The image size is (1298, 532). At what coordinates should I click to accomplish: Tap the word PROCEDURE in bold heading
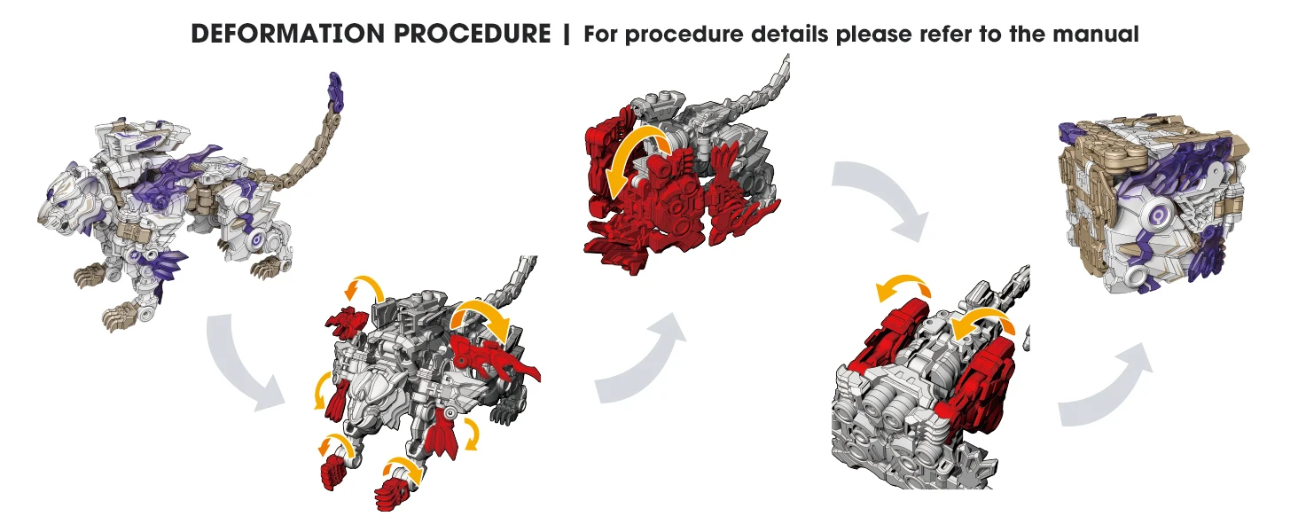pos(473,34)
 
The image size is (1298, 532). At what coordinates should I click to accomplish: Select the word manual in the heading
pos(1096,34)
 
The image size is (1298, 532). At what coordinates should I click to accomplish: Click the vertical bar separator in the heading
pos(567,34)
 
